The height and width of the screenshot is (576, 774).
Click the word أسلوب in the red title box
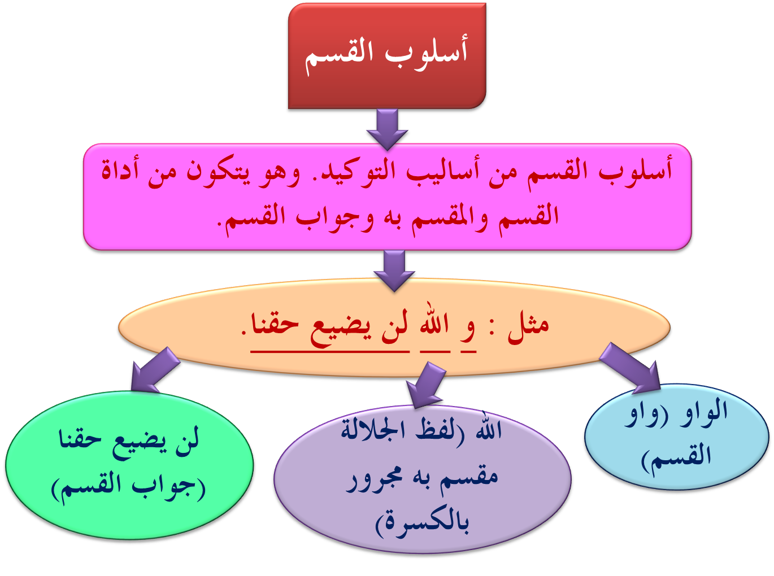click(428, 54)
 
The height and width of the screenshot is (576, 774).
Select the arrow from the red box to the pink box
click(388, 129)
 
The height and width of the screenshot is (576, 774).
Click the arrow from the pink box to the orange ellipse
click(394, 270)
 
